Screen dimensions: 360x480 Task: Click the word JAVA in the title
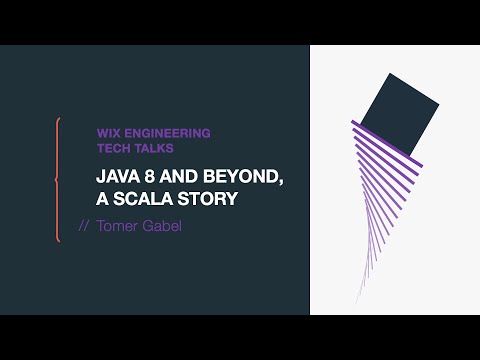pyautogui.click(x=116, y=177)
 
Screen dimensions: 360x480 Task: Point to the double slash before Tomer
pyautogui.click(x=84, y=226)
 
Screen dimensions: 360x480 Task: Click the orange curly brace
pyautogui.click(x=58, y=180)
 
